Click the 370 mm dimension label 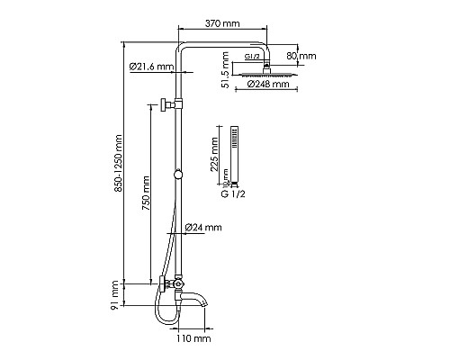point(222,23)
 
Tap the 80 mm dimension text point(301,56)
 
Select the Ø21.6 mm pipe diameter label point(151,67)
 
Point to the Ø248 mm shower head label point(268,84)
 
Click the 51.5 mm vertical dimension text point(225,70)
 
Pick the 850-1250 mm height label point(118,164)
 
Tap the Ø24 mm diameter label point(203,227)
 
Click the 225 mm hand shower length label point(214,154)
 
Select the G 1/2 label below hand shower point(233,194)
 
